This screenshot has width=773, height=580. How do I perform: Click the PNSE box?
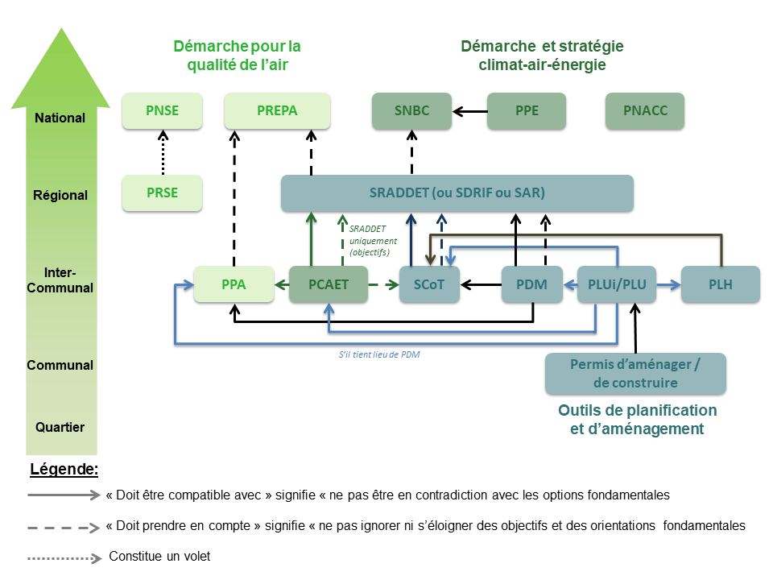click(x=162, y=111)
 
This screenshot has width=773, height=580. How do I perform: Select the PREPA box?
click(x=277, y=111)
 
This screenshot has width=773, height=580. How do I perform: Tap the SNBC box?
click(x=411, y=111)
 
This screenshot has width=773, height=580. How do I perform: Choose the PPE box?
click(x=527, y=111)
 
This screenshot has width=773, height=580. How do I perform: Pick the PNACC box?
click(x=645, y=111)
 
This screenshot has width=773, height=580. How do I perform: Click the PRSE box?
click(x=162, y=193)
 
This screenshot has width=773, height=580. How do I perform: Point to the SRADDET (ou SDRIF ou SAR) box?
click(x=457, y=193)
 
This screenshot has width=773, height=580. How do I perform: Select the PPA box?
click(x=234, y=284)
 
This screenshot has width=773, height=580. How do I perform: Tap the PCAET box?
click(x=328, y=284)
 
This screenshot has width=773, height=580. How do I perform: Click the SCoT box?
click(x=429, y=284)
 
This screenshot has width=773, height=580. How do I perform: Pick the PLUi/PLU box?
click(x=617, y=284)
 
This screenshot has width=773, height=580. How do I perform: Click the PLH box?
click(x=721, y=284)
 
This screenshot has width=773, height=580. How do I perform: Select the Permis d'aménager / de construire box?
click(x=635, y=373)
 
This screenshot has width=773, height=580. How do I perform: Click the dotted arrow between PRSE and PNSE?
click(x=162, y=153)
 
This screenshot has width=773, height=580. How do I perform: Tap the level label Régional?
click(x=60, y=195)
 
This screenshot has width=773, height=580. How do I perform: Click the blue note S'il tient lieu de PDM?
click(x=379, y=353)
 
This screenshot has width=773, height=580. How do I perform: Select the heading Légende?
click(x=64, y=469)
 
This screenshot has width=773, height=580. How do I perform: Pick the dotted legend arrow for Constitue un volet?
click(x=64, y=557)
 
